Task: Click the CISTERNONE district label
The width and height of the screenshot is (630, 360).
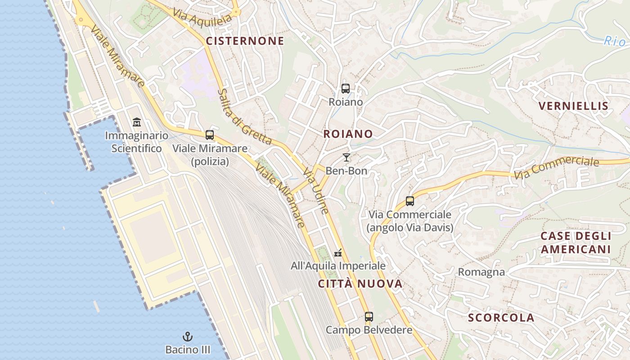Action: click(245, 41)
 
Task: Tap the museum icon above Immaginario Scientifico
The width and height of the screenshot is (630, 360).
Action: click(137, 122)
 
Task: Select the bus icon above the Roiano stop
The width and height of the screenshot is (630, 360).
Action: click(346, 89)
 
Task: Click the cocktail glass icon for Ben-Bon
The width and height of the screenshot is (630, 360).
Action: click(346, 157)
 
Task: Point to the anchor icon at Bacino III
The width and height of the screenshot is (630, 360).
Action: click(187, 337)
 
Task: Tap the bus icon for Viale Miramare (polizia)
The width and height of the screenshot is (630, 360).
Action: click(210, 135)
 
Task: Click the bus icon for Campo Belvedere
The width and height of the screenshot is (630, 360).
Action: click(369, 317)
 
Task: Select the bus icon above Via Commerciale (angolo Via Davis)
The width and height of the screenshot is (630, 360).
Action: click(410, 201)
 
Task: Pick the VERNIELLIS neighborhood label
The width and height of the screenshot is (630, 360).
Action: click(573, 107)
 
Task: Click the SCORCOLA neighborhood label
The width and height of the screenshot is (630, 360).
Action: click(501, 318)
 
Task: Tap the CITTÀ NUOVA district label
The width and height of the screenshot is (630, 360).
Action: click(360, 284)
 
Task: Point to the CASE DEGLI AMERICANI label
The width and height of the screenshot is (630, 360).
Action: click(576, 243)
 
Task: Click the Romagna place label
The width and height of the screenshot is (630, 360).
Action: click(481, 272)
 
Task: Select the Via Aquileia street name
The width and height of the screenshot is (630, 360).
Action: click(202, 18)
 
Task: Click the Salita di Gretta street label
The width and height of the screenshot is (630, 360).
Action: click(244, 117)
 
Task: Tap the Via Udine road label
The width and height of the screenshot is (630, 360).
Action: click(316, 191)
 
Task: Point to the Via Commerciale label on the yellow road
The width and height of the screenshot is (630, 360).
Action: click(556, 167)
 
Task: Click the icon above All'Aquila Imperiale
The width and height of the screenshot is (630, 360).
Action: click(338, 253)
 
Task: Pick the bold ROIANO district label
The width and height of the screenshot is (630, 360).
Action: click(348, 134)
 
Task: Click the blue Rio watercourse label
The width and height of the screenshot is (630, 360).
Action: click(614, 41)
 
